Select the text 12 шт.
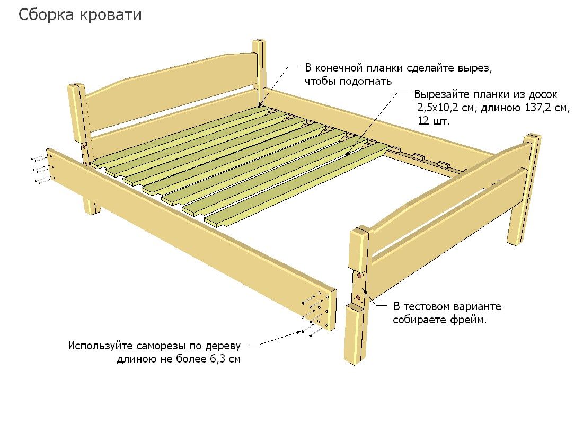pyautogui.click(x=433, y=121)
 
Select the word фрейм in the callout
pyautogui.click(x=468, y=320)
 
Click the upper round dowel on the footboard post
pyautogui.click(x=359, y=276)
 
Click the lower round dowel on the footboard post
pyautogui.click(x=358, y=298)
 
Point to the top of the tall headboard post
pyautogui.click(x=259, y=42)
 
